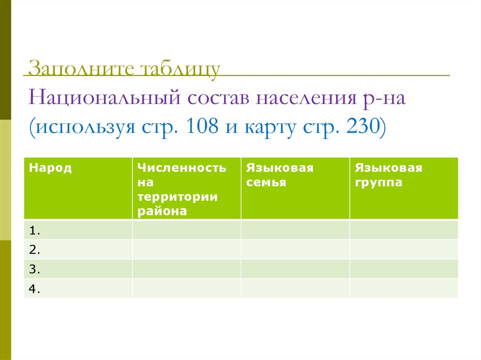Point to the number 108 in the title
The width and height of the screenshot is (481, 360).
coord(202,128)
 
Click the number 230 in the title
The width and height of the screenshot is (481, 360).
coord(361,128)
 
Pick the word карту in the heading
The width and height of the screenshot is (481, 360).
coord(270,128)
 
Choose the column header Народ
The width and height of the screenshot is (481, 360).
coord(50,168)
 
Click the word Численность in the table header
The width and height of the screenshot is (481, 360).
coord(182,168)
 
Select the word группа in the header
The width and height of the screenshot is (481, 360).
coord(379,183)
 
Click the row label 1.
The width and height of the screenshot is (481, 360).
coord(34,230)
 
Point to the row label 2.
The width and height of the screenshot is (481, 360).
coord(34,250)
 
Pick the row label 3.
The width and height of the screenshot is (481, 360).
coord(34,270)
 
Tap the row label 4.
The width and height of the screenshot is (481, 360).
coord(34,290)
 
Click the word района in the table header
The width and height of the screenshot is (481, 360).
coord(163,211)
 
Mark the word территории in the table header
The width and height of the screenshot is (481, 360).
coord(178,197)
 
